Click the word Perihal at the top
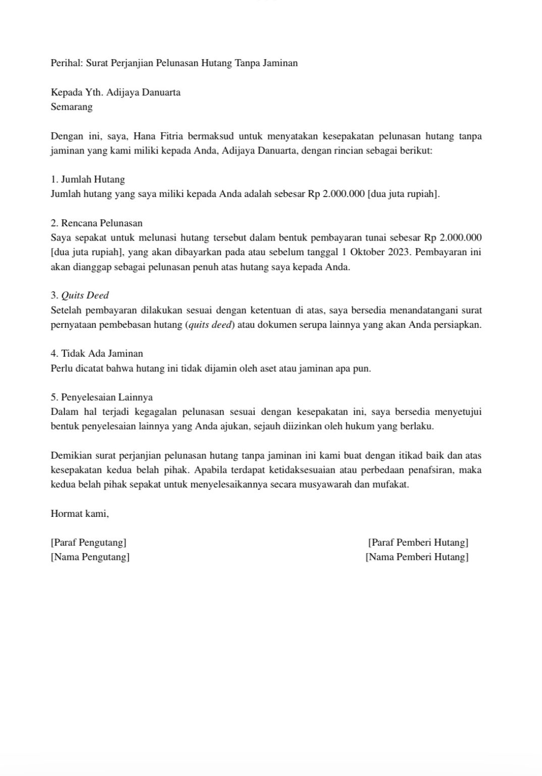click(x=66, y=63)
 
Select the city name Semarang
click(x=72, y=107)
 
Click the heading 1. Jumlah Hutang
click(x=88, y=179)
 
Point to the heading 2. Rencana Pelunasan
click(x=97, y=223)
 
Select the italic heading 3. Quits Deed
click(x=80, y=296)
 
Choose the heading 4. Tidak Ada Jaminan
click(x=97, y=354)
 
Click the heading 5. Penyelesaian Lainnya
click(x=101, y=397)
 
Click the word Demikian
click(x=71, y=456)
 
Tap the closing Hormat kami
click(x=80, y=514)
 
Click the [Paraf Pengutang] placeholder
click(x=88, y=543)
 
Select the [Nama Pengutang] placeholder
click(x=90, y=557)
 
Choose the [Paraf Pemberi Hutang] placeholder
click(x=418, y=543)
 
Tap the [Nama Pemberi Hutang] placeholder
click(x=417, y=557)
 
